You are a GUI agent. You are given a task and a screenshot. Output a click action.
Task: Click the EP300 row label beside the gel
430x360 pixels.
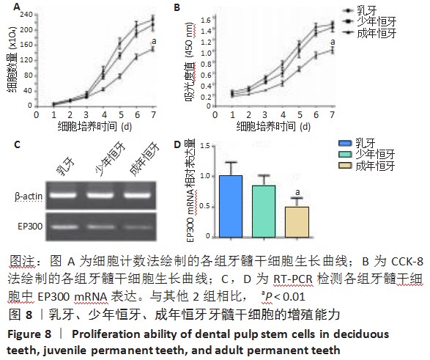coord(28,228)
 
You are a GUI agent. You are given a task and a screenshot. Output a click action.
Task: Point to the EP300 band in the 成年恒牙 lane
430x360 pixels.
coord(139,228)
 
